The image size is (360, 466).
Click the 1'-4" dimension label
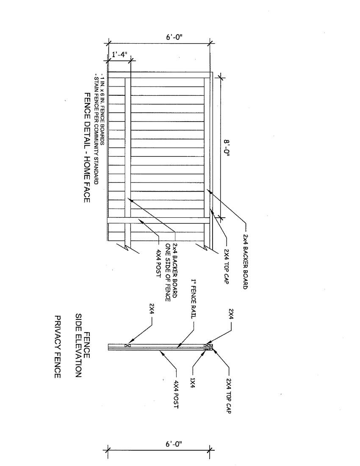[119, 55]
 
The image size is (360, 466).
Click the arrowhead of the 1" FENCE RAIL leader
[178, 347]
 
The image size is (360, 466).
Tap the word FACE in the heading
[86, 191]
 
